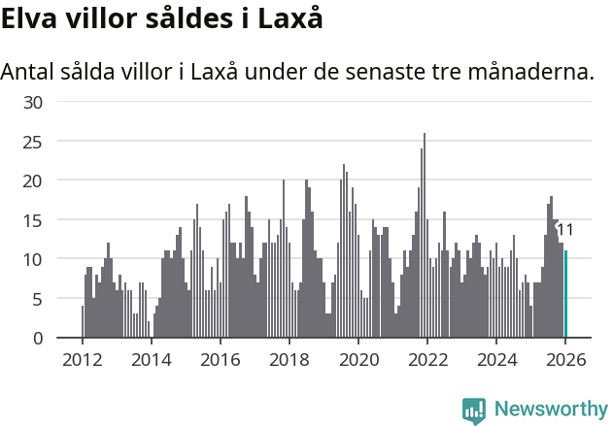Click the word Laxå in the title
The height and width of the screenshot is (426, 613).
coord(289,18)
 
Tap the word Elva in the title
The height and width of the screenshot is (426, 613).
coord(32,18)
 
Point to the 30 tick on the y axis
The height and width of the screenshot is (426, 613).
coord(32,102)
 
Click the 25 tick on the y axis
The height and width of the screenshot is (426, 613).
coord(32,142)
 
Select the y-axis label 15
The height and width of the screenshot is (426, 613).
coord(32,220)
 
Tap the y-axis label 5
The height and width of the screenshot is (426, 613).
coord(37,299)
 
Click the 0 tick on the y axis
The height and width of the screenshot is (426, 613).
coord(37,339)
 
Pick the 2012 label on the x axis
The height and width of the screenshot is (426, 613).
coord(82,360)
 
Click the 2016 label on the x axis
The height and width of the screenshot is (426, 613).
coord(220,360)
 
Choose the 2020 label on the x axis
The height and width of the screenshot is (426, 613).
coord(358,360)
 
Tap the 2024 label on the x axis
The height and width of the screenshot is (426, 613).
coord(496,360)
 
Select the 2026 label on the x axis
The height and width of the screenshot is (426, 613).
coord(565,360)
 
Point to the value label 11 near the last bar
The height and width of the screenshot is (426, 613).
coord(565,230)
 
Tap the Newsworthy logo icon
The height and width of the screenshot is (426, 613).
coord(474,410)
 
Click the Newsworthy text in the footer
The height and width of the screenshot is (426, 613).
coord(551,410)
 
